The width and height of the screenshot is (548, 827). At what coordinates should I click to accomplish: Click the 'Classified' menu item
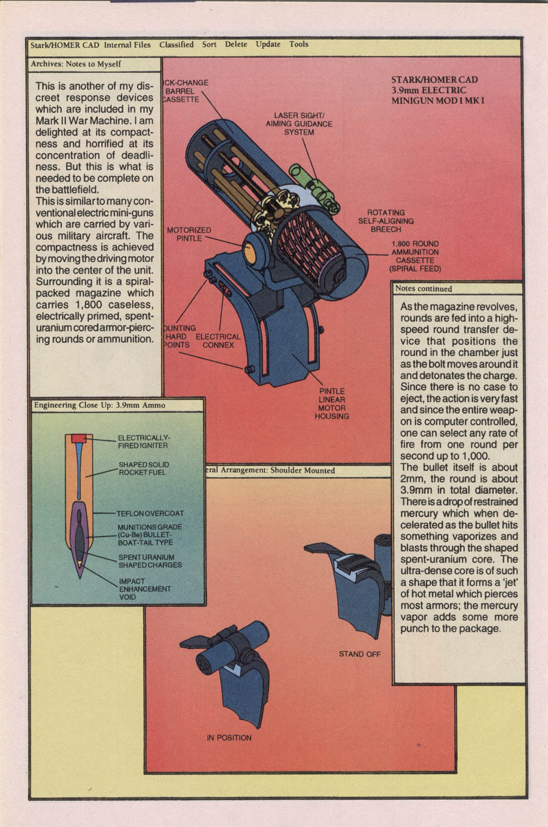[x=176, y=45]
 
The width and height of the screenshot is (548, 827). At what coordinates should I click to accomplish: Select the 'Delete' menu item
[x=236, y=45]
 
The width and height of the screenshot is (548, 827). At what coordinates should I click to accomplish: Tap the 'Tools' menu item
[x=299, y=44]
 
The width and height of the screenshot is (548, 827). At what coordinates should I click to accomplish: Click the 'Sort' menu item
[x=209, y=45]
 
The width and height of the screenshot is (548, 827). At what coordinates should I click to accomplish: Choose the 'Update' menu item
[x=268, y=45]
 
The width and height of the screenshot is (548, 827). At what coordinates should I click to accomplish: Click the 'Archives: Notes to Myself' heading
[x=76, y=64]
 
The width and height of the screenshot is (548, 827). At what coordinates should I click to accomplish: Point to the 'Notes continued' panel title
[x=423, y=289]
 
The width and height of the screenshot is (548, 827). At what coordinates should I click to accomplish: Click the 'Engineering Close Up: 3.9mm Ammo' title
[x=99, y=405]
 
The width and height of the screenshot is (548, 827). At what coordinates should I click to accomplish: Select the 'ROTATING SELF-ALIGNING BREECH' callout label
[x=385, y=221]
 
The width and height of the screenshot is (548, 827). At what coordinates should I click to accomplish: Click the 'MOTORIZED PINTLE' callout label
[x=189, y=234]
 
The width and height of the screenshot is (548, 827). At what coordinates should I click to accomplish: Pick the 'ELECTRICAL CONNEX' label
[x=218, y=340]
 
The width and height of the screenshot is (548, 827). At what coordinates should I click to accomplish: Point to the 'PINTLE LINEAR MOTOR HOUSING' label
[x=331, y=403]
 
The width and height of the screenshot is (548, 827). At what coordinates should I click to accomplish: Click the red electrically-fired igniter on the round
[x=77, y=438]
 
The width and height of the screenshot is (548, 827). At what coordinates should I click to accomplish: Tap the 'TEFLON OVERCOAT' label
[x=150, y=513]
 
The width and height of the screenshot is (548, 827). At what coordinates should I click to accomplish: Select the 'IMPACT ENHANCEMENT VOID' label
[x=144, y=589]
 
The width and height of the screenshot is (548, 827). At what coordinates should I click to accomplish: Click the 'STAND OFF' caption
[x=359, y=654]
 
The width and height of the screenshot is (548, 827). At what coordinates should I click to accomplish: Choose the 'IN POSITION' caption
[x=229, y=737]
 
